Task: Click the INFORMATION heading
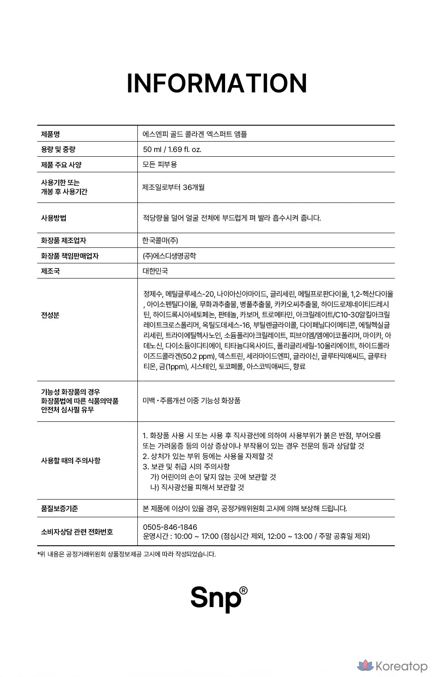coord(216,83)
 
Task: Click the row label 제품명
coord(50,134)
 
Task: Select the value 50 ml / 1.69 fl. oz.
coord(172,149)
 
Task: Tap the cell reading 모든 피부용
coord(159,165)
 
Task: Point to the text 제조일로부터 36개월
coord(173,187)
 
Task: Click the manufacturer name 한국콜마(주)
coord(160,240)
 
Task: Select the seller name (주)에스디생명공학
coord(169,256)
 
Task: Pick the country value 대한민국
coord(155,271)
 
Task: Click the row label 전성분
coord(50,315)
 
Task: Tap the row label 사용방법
coord(54,218)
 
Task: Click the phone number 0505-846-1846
coord(170,527)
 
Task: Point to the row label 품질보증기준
coord(60,508)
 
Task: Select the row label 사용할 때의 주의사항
coord(70,460)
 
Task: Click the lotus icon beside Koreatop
coord(365,667)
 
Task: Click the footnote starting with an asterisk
coord(127,554)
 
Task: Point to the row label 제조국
coord(50,271)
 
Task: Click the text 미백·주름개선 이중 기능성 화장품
coord(191,401)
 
